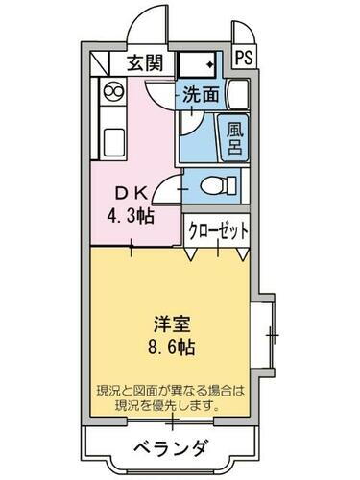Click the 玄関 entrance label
click(143, 64)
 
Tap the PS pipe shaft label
click(245, 56)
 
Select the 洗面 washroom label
click(202, 95)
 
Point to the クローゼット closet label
click(218, 230)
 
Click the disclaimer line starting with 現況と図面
click(171, 392)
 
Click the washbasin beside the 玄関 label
click(201, 64)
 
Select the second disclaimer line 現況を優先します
click(171, 407)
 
